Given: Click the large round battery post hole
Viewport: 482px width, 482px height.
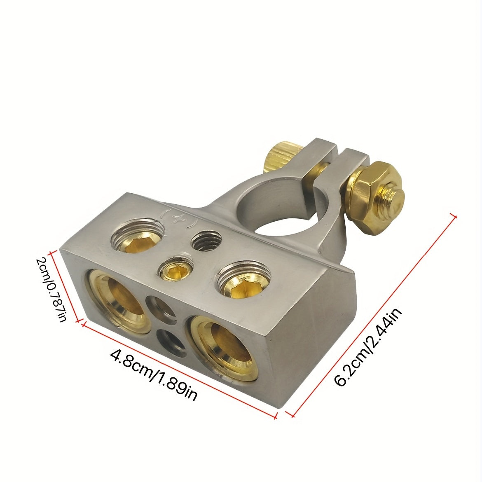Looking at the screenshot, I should tap(268, 210).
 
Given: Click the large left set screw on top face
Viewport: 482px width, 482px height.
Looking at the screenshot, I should tap(138, 239).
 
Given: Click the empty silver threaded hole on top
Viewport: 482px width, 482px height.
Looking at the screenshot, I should tap(206, 241).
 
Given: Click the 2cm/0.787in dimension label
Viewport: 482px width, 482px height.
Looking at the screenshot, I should tap(52, 288).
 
